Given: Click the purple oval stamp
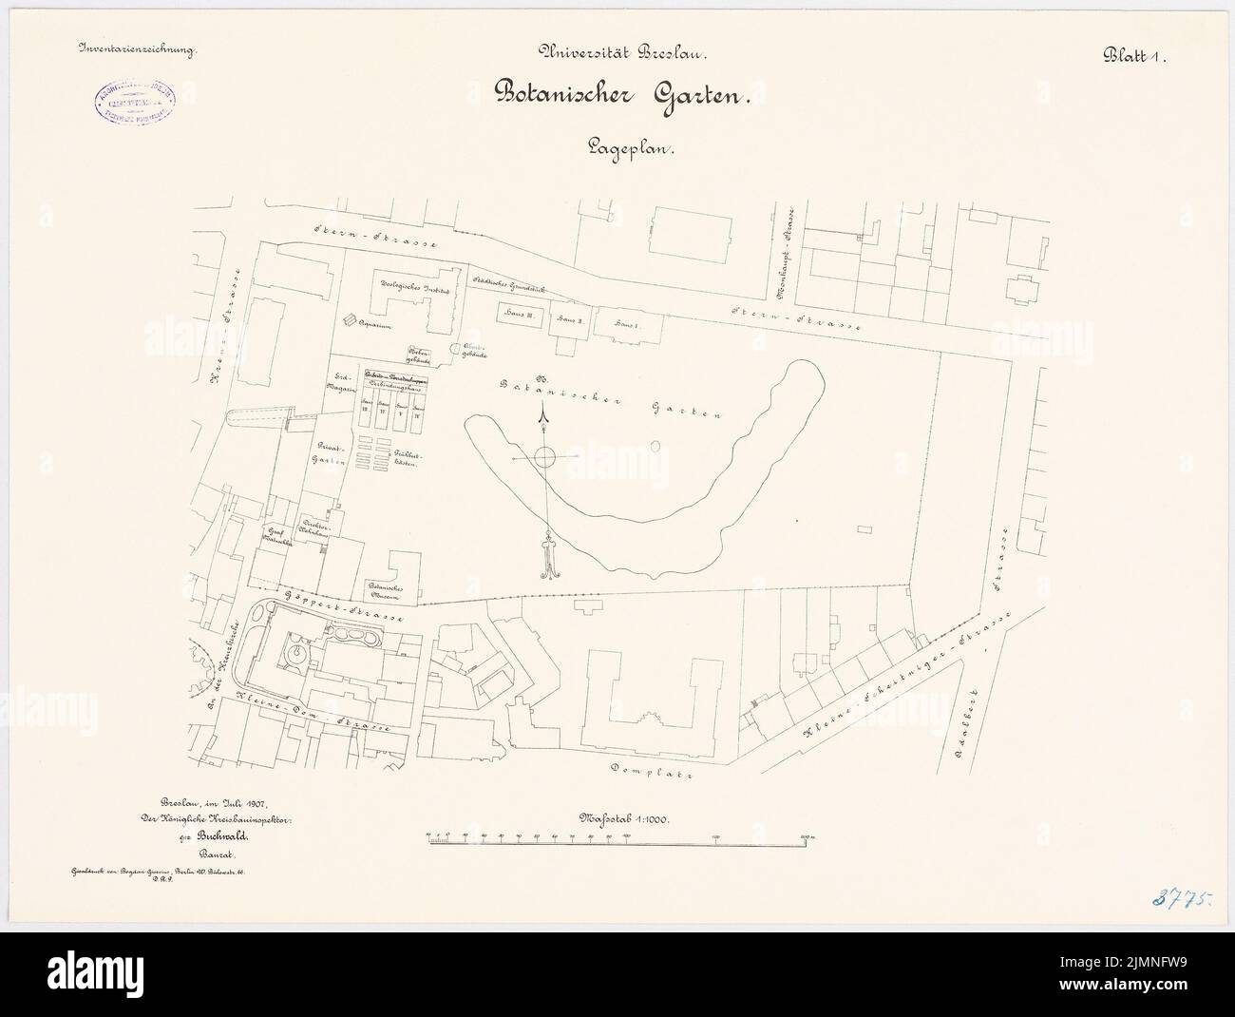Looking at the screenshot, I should [137, 102].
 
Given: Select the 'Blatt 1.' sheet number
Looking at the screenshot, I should [1134, 55].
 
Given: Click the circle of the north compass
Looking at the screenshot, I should [542, 458].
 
